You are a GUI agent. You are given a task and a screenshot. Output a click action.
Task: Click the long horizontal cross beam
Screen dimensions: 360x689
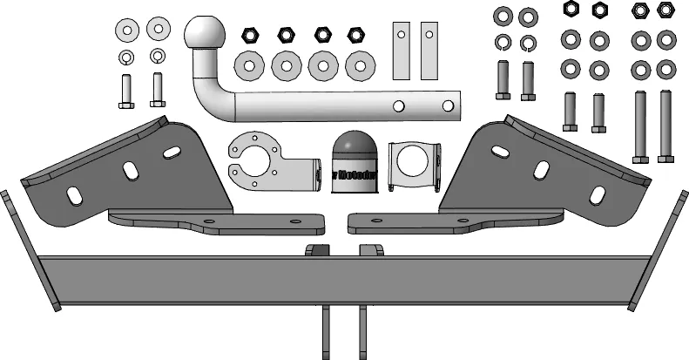(x=344, y=279)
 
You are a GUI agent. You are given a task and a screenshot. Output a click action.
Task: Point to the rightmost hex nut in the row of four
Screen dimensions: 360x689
(x=355, y=36)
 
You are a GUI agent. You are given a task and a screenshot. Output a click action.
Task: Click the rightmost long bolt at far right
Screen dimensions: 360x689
(x=666, y=126)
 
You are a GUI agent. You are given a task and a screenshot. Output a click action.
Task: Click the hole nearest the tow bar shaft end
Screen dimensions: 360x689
(x=448, y=105)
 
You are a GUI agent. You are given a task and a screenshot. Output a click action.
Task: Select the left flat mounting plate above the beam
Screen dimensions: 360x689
(x=213, y=223)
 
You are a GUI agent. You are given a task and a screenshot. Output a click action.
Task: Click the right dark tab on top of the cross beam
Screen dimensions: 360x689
(x=372, y=251)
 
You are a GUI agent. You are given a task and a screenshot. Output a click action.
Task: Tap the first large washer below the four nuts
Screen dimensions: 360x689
(x=249, y=65)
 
